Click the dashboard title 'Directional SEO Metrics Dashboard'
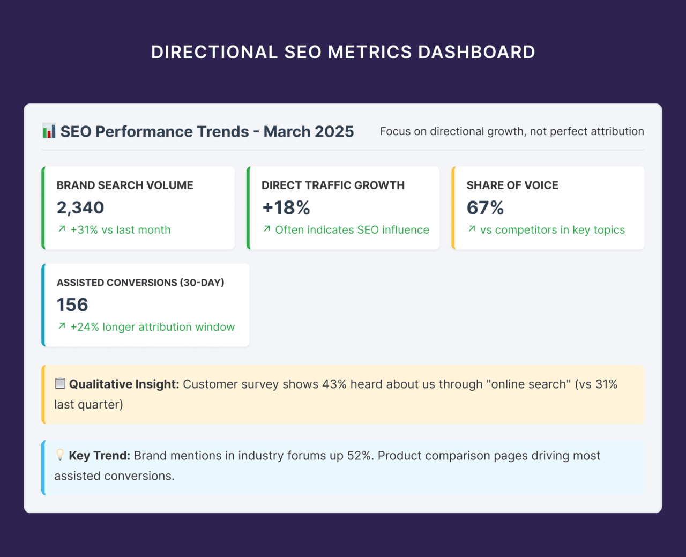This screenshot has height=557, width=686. point(343,52)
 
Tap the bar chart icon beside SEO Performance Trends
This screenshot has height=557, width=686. point(49,131)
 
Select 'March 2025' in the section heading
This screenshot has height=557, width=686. point(309,132)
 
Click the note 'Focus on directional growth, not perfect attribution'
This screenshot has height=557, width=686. point(512,131)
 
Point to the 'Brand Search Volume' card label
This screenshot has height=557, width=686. point(125,185)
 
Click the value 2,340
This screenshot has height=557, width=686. point(80,207)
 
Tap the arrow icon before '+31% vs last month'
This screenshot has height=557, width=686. point(62,229)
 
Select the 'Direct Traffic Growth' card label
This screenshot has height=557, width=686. point(333,185)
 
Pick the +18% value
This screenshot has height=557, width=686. point(286,207)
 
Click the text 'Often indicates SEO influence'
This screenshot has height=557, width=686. point(352,230)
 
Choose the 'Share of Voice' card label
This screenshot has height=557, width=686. point(512,185)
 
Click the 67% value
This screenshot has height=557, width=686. point(485,207)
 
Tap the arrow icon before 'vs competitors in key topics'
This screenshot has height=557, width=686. point(472,229)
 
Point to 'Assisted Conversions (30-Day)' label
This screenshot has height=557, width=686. point(140,283)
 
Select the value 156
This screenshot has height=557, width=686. point(72,305)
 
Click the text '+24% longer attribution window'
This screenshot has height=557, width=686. point(152,327)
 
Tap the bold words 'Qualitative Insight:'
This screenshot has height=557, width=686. point(124,384)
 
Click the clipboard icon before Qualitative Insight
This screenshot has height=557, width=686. point(60,384)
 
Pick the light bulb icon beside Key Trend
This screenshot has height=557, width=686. point(60,455)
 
